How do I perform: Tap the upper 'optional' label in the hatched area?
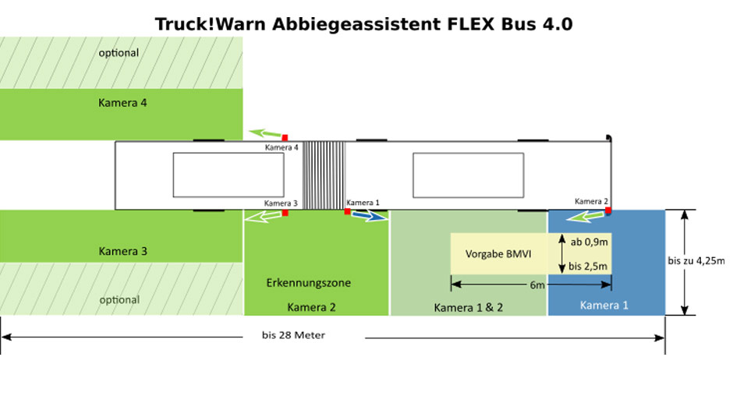pyautogui.click(x=119, y=53)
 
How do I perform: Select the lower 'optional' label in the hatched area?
pyautogui.click(x=119, y=299)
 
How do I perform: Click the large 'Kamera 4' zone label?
pyautogui.click(x=122, y=102)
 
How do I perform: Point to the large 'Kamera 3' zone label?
pyautogui.click(x=122, y=251)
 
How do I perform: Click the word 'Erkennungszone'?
pyautogui.click(x=309, y=282)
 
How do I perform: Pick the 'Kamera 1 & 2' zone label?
pyautogui.click(x=468, y=307)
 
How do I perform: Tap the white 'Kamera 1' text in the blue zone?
pyautogui.click(x=604, y=306)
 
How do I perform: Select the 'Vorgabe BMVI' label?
pyautogui.click(x=498, y=254)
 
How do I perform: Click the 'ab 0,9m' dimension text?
pyautogui.click(x=590, y=242)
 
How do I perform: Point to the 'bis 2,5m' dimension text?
pyautogui.click(x=590, y=267)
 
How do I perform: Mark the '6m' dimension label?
pyautogui.click(x=537, y=285)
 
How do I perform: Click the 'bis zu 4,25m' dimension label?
pyautogui.click(x=696, y=260)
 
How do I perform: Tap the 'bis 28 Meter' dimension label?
pyautogui.click(x=293, y=335)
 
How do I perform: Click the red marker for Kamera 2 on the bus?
pyautogui.click(x=607, y=210)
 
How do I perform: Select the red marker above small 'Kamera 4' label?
pyautogui.click(x=285, y=138)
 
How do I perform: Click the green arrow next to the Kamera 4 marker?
pyautogui.click(x=265, y=133)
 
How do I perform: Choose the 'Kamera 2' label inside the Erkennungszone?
pyautogui.click(x=311, y=307)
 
